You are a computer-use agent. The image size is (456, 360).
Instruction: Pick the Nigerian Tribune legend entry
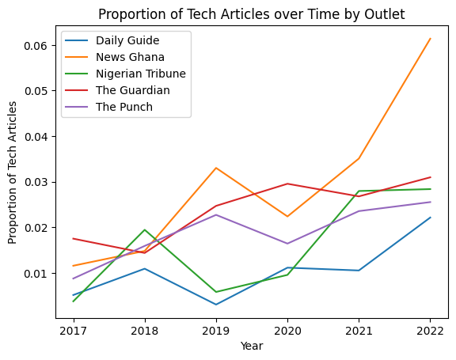pos(140,74)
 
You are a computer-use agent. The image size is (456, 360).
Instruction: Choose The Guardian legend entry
pos(132,90)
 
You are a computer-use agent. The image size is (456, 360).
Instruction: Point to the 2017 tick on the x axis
pos(73,329)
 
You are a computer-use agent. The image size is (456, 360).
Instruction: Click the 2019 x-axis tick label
pos(216,329)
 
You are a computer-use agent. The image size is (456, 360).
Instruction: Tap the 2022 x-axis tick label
pos(431,329)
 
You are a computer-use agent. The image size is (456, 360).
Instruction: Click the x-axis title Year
pos(252,346)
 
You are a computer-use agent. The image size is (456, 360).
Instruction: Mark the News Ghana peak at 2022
pos(431,39)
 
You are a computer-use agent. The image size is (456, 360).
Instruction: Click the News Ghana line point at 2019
pos(216,168)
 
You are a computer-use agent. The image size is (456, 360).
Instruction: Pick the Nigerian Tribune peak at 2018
pos(144,229)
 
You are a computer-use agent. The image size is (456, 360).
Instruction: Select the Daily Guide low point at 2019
pos(216,305)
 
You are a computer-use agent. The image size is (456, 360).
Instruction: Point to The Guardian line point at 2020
pos(287,184)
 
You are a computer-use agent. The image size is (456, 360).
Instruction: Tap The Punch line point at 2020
pos(287,244)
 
